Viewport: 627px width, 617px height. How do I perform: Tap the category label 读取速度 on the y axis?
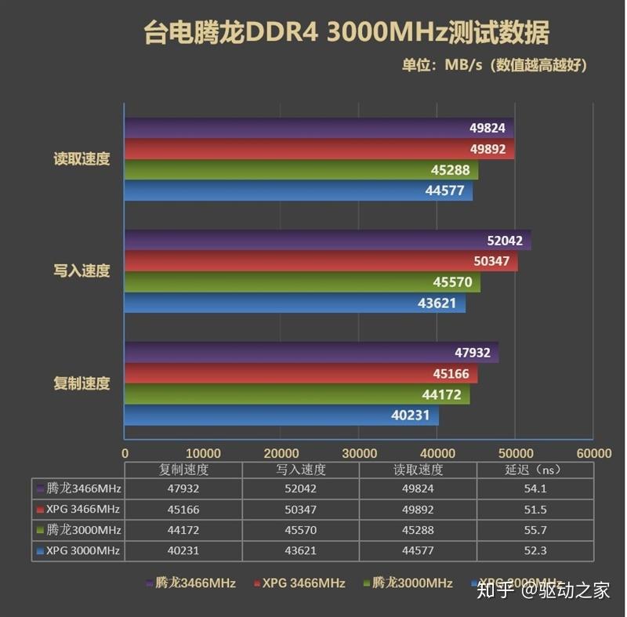pyautogui.click(x=82, y=158)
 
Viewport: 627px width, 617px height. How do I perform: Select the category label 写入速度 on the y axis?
pyautogui.click(x=82, y=271)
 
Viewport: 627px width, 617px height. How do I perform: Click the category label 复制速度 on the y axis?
pyautogui.click(x=82, y=383)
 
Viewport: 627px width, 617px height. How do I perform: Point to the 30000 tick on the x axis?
pyautogui.click(x=359, y=453)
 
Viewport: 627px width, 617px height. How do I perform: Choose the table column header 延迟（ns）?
pyautogui.click(x=534, y=470)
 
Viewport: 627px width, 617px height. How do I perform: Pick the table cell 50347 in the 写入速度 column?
pyautogui.click(x=301, y=510)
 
